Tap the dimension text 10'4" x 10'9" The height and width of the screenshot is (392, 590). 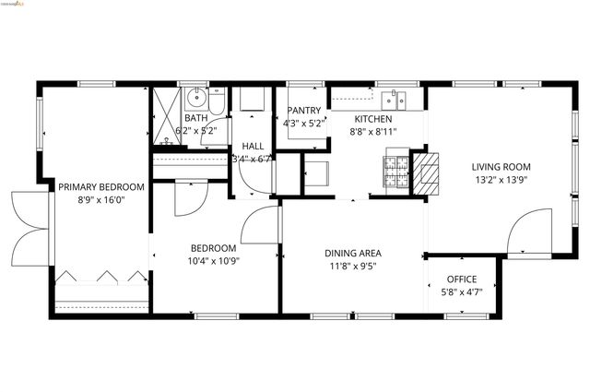pos(214,262)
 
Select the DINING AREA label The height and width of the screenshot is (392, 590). pos(352,253)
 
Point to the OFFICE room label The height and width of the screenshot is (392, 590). pos(462,279)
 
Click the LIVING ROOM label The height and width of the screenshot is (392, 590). pos(501,167)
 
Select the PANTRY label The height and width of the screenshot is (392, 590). pos(303,111)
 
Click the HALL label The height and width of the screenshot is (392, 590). pos(252,146)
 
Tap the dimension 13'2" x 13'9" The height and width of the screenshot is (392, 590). pos(501,180)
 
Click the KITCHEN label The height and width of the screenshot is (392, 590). pos(374,120)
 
